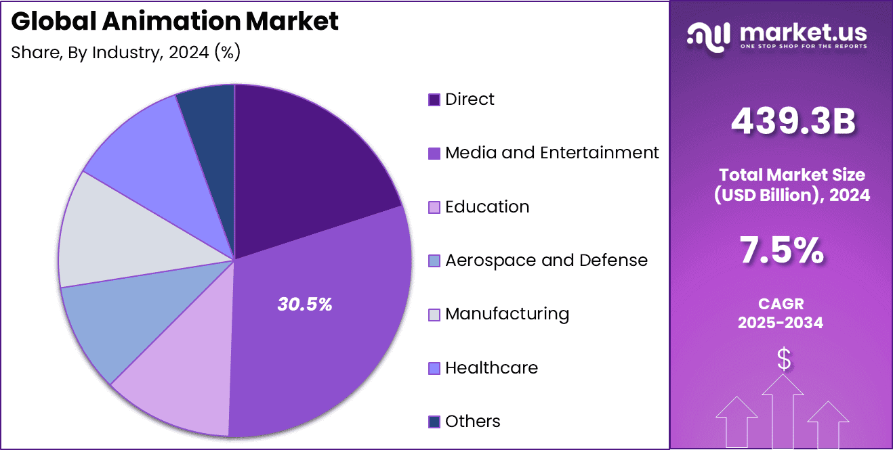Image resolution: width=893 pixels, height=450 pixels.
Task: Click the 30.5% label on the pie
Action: click(x=304, y=305)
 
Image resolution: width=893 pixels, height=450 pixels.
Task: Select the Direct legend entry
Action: click(x=469, y=99)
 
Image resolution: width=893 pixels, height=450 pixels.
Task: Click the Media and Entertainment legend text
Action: click(x=552, y=153)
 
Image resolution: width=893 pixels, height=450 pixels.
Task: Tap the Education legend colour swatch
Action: click(x=434, y=207)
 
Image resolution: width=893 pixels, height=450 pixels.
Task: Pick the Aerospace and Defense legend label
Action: click(x=546, y=261)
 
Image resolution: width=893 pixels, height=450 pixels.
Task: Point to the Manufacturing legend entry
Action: click(x=506, y=314)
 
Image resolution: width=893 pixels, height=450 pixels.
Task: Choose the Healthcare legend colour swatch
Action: click(x=434, y=368)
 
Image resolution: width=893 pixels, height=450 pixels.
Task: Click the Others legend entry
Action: click(x=472, y=422)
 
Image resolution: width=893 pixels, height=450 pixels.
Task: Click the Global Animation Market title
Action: click(x=175, y=22)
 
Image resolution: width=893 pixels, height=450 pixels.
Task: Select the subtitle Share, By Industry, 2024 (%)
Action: click(x=126, y=52)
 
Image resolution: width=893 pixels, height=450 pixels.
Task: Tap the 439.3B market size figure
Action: click(x=793, y=122)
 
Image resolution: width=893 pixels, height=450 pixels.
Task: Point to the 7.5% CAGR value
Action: click(x=781, y=252)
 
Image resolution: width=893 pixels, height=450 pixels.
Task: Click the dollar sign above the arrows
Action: click(x=783, y=360)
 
